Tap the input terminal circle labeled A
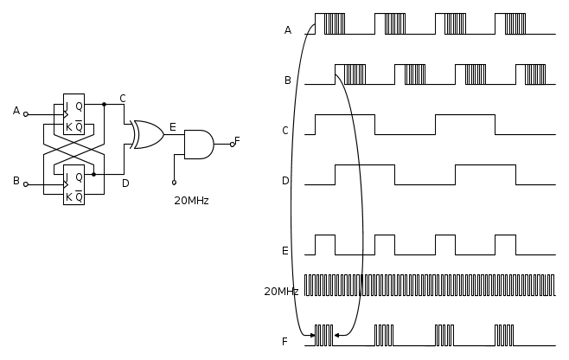click(26, 114)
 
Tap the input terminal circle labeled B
click(26, 184)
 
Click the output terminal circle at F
click(233, 145)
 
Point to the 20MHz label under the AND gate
click(191, 201)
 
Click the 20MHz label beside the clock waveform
click(281, 292)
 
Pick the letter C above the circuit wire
click(123, 99)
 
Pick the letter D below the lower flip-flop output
click(125, 183)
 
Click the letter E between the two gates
click(173, 127)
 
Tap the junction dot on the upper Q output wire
click(104, 104)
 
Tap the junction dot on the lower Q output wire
click(93, 174)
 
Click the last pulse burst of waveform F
click(504, 335)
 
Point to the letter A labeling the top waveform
click(288, 30)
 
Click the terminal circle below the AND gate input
click(174, 183)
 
